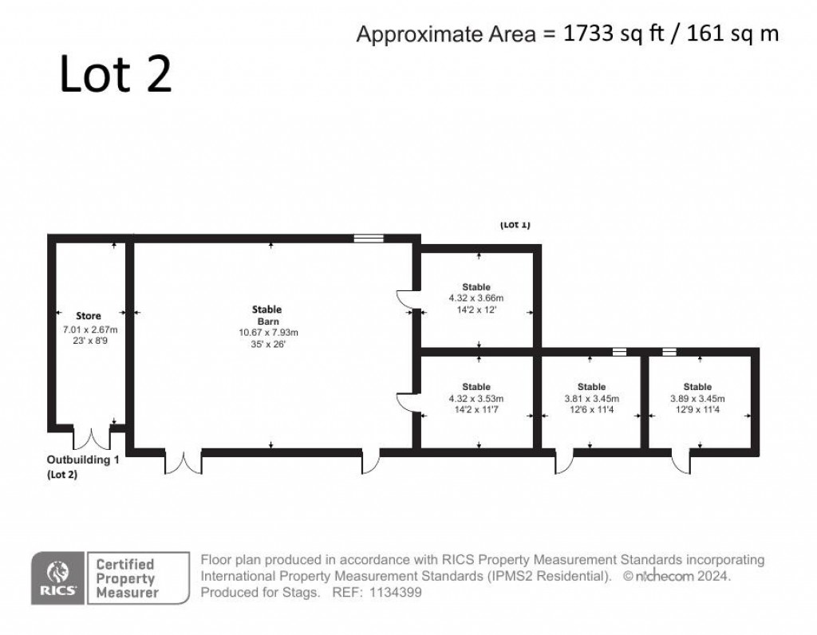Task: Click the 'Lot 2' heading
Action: click(x=116, y=74)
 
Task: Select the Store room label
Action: click(x=89, y=316)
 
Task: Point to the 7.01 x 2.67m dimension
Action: click(x=90, y=329)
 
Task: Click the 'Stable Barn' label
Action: click(x=267, y=315)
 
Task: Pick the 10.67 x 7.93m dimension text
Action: click(x=268, y=333)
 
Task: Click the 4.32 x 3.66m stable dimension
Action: click(x=476, y=298)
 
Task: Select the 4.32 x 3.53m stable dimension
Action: click(x=476, y=399)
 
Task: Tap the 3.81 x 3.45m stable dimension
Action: click(x=592, y=399)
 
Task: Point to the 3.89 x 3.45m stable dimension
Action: click(x=697, y=399)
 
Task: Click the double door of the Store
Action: click(x=92, y=438)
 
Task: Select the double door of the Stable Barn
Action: click(x=184, y=462)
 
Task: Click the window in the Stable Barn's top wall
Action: click(x=369, y=238)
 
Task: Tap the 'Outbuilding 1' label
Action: click(x=83, y=460)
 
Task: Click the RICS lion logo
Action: click(x=57, y=578)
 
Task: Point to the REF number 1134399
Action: click(x=396, y=592)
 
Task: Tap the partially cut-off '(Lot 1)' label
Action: click(x=515, y=225)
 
